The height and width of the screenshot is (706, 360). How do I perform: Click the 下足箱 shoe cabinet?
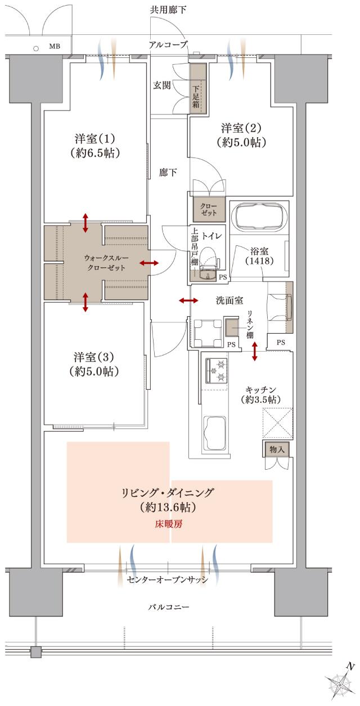click(197, 89)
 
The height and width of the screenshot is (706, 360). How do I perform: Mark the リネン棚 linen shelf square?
click(232, 326)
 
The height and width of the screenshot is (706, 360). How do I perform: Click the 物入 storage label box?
click(276, 449)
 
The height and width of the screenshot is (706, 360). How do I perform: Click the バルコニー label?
click(169, 608)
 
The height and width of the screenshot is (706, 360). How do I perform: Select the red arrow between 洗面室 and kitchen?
click(255, 352)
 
